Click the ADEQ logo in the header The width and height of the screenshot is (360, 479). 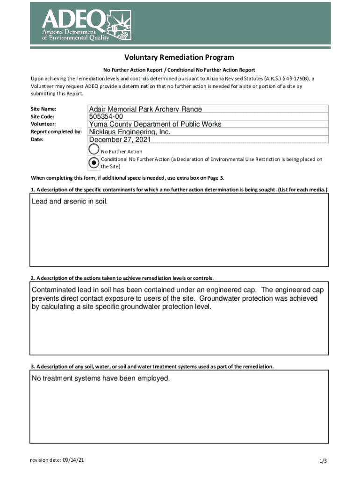tap(87, 25)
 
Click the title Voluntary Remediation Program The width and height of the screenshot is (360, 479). tap(179, 58)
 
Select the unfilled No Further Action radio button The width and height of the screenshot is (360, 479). tap(94, 150)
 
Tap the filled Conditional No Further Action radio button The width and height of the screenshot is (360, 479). tap(94, 162)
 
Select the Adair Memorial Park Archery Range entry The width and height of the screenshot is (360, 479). tap(145, 109)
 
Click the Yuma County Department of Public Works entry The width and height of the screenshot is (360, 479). tap(155, 124)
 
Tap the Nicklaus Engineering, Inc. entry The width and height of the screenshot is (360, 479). tap(130, 132)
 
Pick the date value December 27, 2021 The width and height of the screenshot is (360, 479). tap(120, 139)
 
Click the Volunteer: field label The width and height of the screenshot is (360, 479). tap(43, 124)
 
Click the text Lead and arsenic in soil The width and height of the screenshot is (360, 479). tap(70, 201)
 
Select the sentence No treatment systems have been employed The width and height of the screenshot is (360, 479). tap(101, 378)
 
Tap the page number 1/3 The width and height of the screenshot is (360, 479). tap(323, 461)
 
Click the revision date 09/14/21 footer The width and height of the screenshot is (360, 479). tap(57, 460)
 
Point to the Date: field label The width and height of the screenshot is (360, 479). tap(37, 139)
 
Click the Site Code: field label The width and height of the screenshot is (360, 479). tap(43, 116)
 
